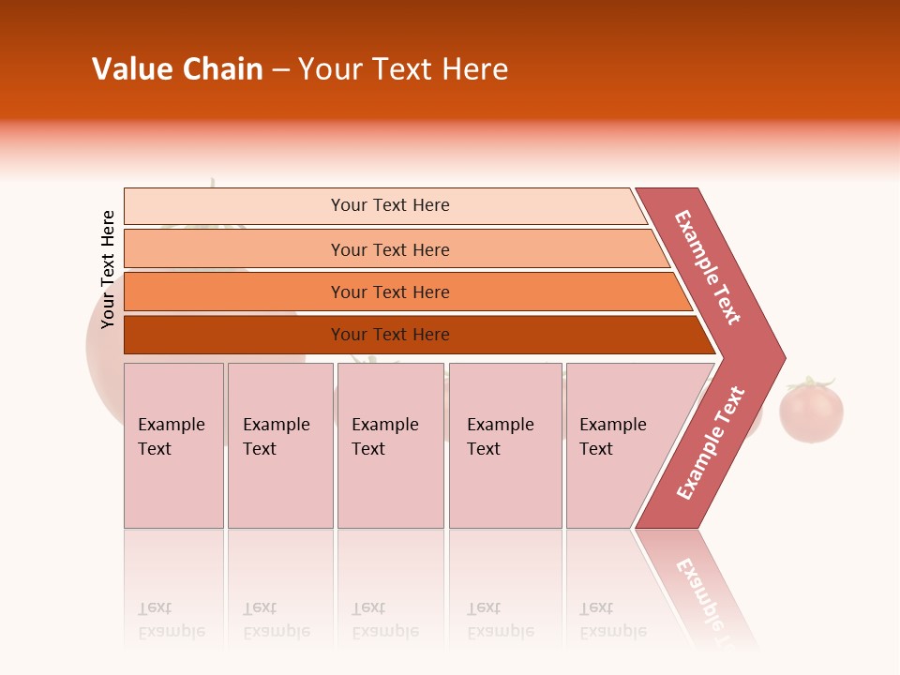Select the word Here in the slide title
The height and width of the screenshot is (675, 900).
(x=474, y=69)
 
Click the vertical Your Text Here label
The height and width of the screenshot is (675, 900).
(x=108, y=269)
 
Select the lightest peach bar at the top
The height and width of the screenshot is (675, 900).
(x=389, y=205)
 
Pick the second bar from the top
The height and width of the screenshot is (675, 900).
(x=389, y=249)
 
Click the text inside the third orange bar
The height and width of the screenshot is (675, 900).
(x=389, y=292)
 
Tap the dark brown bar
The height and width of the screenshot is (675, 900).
(x=389, y=335)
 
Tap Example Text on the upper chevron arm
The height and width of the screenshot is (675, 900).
(x=708, y=267)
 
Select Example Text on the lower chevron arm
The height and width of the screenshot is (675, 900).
(x=711, y=443)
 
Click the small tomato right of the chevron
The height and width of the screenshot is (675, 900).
(x=812, y=413)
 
